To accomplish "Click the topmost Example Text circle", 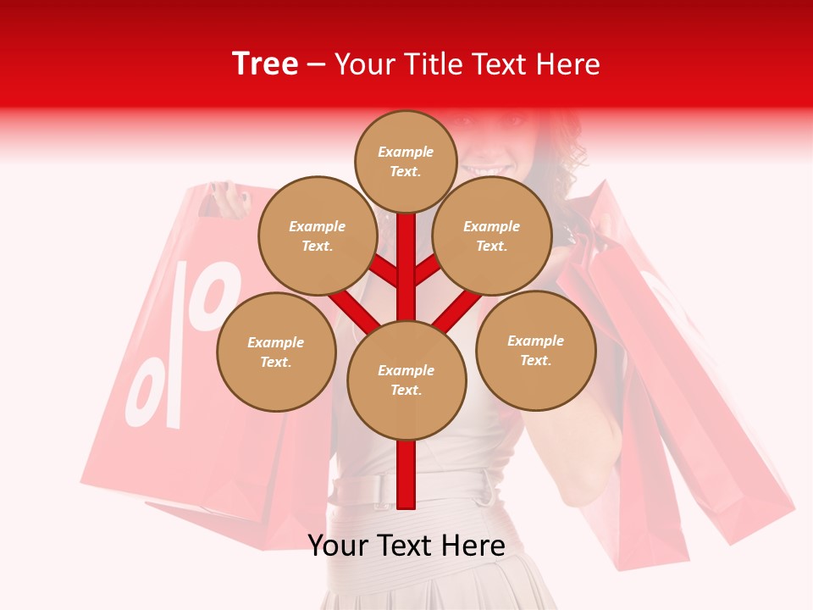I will click(x=406, y=161).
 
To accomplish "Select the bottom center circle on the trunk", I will click(x=406, y=380).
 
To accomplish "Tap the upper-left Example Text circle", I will click(x=318, y=236).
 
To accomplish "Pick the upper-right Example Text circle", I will click(x=491, y=236).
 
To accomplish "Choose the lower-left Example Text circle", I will click(x=275, y=352).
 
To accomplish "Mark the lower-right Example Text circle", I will click(x=535, y=350).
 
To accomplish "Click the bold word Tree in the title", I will click(x=265, y=64).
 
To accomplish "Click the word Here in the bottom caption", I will click(x=474, y=546).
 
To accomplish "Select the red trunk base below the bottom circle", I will click(x=406, y=474).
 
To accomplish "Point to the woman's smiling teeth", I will click(x=493, y=172).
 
